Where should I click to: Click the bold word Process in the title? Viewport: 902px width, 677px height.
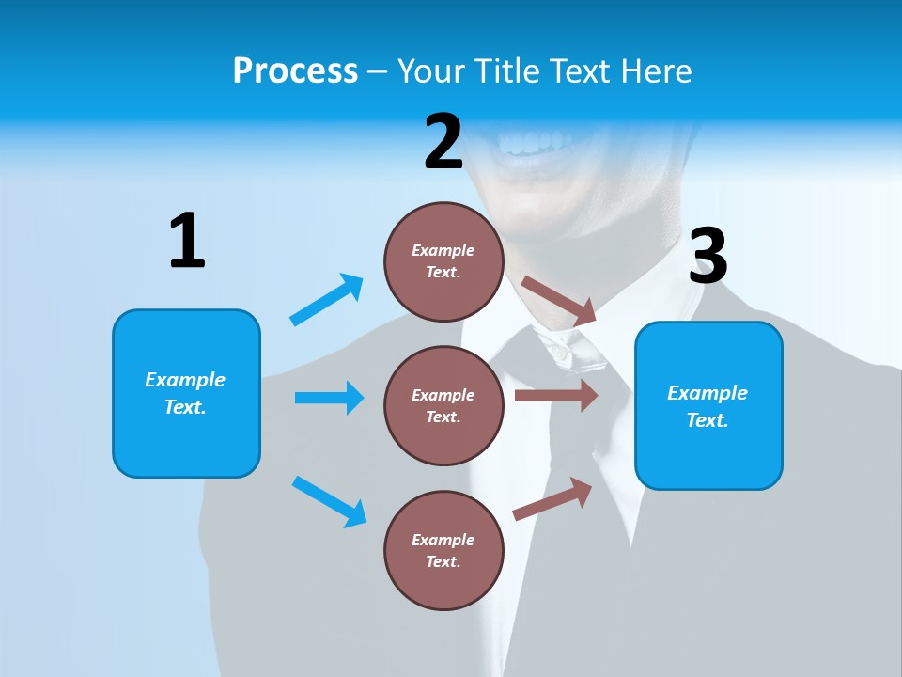[x=295, y=71]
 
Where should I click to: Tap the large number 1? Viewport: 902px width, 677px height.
[x=187, y=241]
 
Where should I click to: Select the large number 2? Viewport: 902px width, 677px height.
[x=443, y=142]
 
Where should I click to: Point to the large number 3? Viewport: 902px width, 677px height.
[x=708, y=257]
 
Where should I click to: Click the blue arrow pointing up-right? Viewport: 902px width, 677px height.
[x=326, y=300]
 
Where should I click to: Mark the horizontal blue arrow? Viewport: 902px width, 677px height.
[x=329, y=398]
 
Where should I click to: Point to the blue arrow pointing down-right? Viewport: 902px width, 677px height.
[x=329, y=501]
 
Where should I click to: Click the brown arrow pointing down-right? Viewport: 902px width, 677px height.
[x=559, y=300]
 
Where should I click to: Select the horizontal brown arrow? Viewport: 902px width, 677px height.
[x=556, y=396]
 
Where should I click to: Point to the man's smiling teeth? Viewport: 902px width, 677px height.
[x=533, y=143]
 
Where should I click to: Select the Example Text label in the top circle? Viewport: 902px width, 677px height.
[x=443, y=261]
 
